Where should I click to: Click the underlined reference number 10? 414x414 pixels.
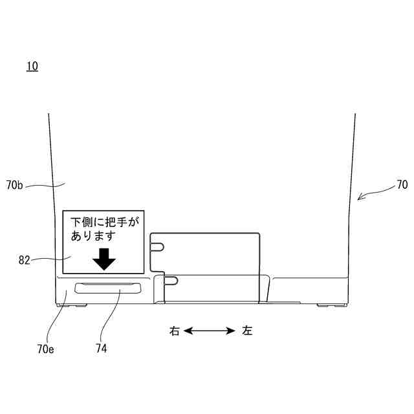(x=32, y=66)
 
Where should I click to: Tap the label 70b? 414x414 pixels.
(x=15, y=186)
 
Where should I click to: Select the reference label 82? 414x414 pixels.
(x=25, y=260)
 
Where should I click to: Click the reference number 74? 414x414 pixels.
(x=101, y=349)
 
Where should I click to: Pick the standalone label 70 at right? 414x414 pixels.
(x=402, y=185)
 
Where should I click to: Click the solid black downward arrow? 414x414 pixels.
(x=103, y=259)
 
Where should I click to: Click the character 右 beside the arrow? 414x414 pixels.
(x=174, y=331)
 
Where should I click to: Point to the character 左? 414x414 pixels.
(x=247, y=331)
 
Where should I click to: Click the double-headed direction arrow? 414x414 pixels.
(x=210, y=331)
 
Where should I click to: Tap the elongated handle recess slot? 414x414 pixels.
(x=108, y=288)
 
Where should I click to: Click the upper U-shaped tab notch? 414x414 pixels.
(x=157, y=246)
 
